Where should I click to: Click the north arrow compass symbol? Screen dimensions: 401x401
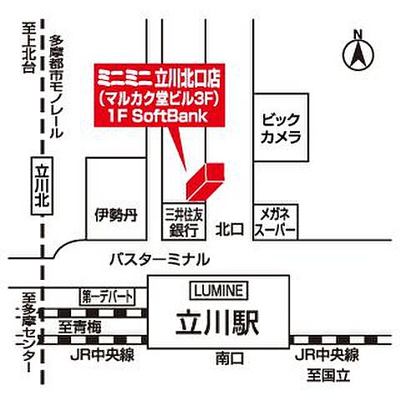tap(358, 53)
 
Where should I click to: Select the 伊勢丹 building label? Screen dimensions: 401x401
tap(115, 215)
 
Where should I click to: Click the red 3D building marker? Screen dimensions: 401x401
tap(204, 180)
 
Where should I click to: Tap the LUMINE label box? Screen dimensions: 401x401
tap(219, 290)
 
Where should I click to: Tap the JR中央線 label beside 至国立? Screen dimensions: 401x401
tap(327, 354)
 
